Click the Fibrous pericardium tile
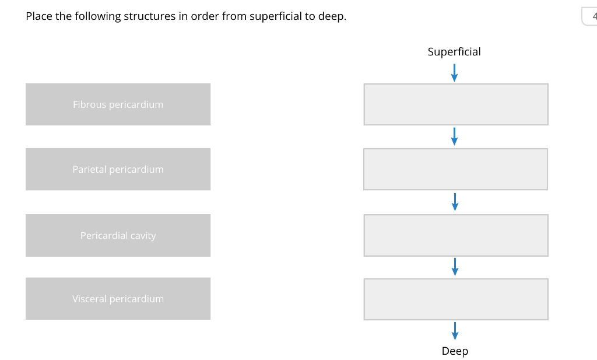118,104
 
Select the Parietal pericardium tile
118,169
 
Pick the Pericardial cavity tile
118,236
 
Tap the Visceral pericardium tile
118,299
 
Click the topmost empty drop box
456,104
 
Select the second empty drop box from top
456,169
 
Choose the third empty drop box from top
456,235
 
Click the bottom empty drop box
456,299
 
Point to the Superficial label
454,52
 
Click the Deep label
455,351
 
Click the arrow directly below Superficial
454,73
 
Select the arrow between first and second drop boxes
455,137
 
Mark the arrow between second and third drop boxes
455,202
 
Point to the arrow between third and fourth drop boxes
455,267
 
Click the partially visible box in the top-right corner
589,16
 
